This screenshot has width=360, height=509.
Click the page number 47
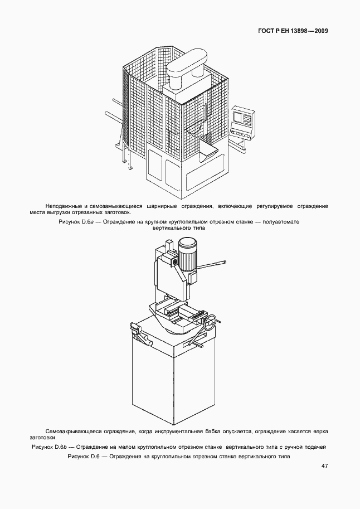coord(324,466)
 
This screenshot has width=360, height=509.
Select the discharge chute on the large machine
coord(208,149)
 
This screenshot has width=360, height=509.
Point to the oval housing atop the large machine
coord(186,64)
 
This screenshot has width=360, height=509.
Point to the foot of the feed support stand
coord(130,168)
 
